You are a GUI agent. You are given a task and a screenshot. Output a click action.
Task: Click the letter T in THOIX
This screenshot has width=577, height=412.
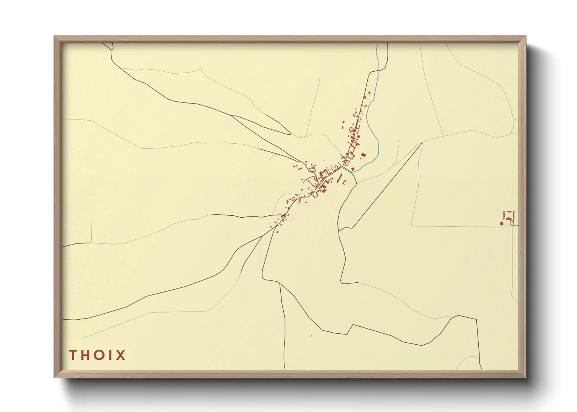point(73,355)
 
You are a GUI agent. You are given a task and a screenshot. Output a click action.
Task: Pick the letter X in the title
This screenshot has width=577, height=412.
point(120,355)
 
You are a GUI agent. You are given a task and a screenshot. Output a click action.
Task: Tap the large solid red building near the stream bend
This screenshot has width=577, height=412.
point(363,155)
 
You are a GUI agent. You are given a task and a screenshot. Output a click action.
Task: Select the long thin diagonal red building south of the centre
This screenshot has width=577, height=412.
point(339,179)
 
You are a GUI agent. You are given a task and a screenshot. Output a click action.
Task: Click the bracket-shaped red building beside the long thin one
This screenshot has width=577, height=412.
point(345,182)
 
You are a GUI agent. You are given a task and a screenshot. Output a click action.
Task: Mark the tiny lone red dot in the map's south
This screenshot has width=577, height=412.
point(311,335)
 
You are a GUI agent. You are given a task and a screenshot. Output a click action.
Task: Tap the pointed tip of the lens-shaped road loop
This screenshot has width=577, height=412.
point(290,134)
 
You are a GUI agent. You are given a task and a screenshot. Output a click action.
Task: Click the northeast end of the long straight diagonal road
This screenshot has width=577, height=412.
point(422,143)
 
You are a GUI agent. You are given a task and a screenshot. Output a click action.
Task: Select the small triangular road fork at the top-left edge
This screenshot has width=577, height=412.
point(110,47)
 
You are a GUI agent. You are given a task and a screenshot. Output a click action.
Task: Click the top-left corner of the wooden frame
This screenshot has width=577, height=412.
point(55,37)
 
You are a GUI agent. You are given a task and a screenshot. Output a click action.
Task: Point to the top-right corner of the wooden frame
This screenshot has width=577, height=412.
point(526,37)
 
